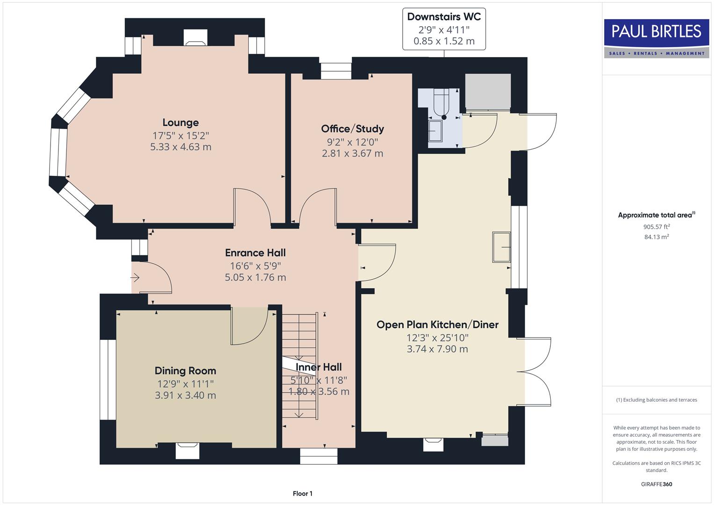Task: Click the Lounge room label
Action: tap(180, 123)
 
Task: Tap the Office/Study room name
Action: tap(352, 129)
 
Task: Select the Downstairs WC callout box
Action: tap(444, 29)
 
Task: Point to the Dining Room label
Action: tap(185, 371)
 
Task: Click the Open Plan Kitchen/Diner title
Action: tap(437, 325)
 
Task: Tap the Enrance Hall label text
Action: tap(255, 253)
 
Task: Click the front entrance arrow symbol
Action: tap(135, 278)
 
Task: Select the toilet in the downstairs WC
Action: tap(441, 103)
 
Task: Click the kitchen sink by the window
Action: tap(501, 247)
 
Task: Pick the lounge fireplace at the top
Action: tap(195, 38)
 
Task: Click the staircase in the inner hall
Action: tap(299, 365)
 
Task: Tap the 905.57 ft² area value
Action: tap(656, 227)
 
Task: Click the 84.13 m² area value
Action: tap(656, 237)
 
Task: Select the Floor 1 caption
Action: tap(303, 493)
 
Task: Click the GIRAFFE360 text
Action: tap(656, 484)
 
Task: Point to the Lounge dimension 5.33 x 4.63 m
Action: tap(180, 147)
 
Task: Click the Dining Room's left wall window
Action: tap(108, 379)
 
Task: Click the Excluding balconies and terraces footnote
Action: tap(656, 400)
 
